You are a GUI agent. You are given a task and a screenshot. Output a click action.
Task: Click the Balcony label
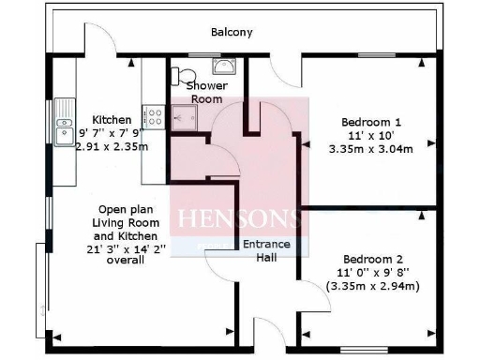pos(231,32)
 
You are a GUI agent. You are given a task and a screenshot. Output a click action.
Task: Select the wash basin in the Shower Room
pos(225,67)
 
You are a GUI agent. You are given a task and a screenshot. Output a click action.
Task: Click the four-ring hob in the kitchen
pos(153,117)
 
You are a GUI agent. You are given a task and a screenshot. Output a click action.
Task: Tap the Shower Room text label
pos(207,92)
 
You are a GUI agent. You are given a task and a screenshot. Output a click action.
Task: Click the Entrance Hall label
pos(266,252)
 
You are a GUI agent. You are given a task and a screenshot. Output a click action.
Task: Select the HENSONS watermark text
pos(238,221)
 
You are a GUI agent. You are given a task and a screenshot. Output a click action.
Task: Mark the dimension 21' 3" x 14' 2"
pos(117,249)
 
